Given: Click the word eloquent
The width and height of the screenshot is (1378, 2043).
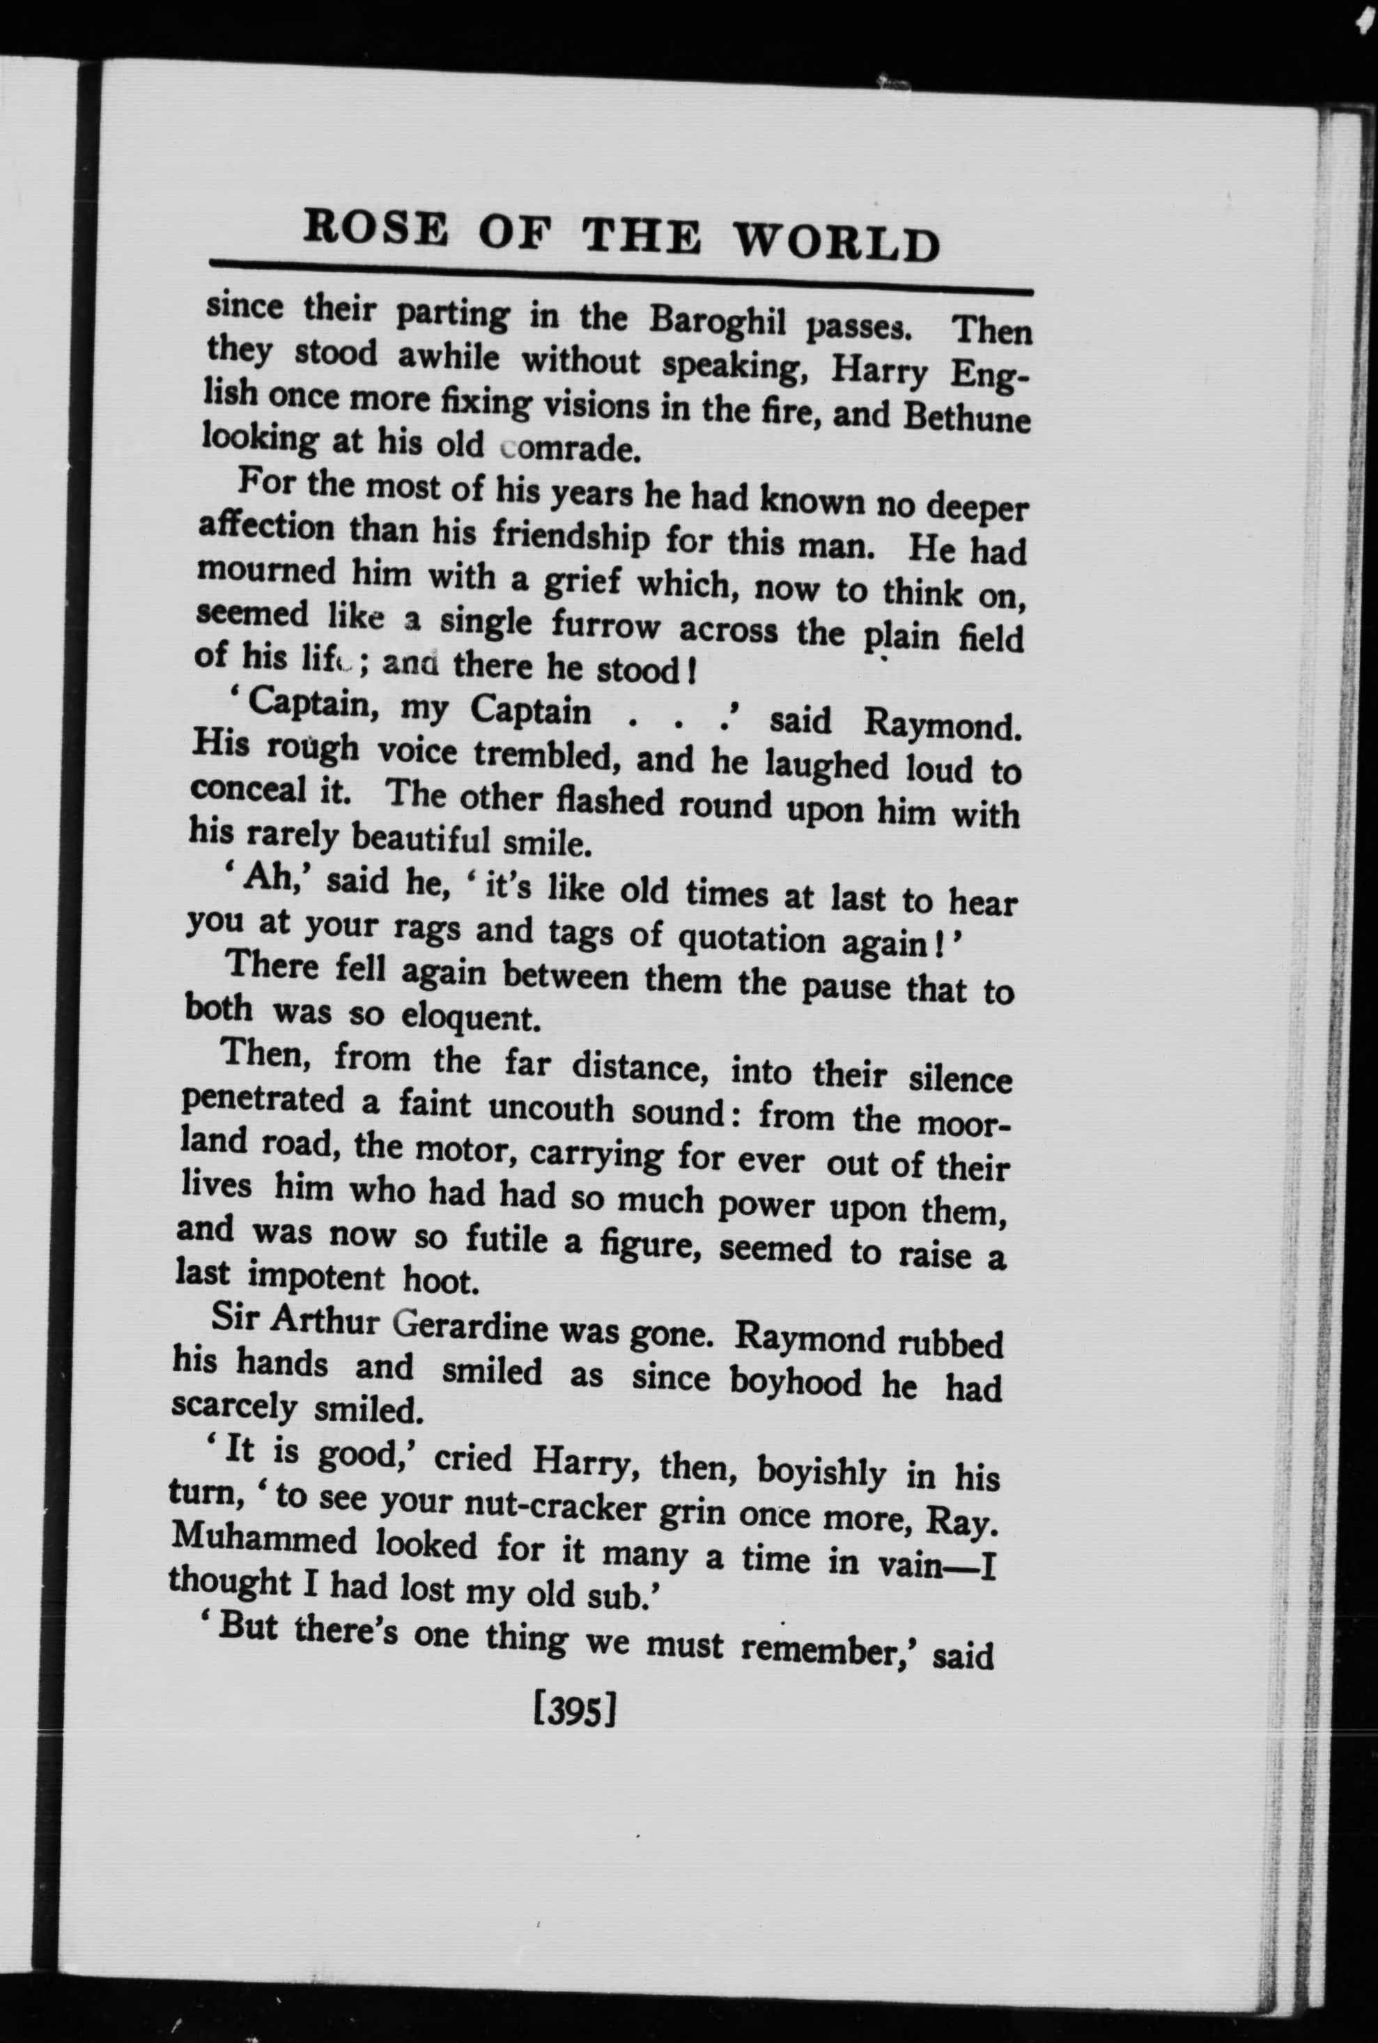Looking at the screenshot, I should coord(467,1018).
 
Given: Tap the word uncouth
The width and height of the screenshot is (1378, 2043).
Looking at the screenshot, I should coord(550,1108).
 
